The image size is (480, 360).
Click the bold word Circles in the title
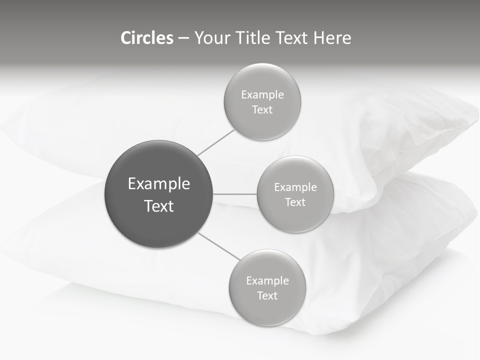pyautogui.click(x=147, y=38)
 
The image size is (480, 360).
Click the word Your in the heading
pyautogui.click(x=212, y=38)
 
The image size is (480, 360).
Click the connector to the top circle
pyautogui.click(x=216, y=142)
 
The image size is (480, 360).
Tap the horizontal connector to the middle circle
pyautogui.click(x=235, y=194)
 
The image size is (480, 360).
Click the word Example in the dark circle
pyautogui.click(x=159, y=184)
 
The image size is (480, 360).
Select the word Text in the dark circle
pyautogui.click(x=159, y=206)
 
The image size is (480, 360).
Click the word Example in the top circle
pyautogui.click(x=262, y=95)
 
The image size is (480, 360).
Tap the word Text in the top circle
pyautogui.click(x=262, y=110)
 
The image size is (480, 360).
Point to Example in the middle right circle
pyautogui.click(x=295, y=187)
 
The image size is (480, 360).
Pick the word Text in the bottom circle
pyautogui.click(x=267, y=296)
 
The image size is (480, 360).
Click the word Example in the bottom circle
pyautogui.click(x=267, y=281)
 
